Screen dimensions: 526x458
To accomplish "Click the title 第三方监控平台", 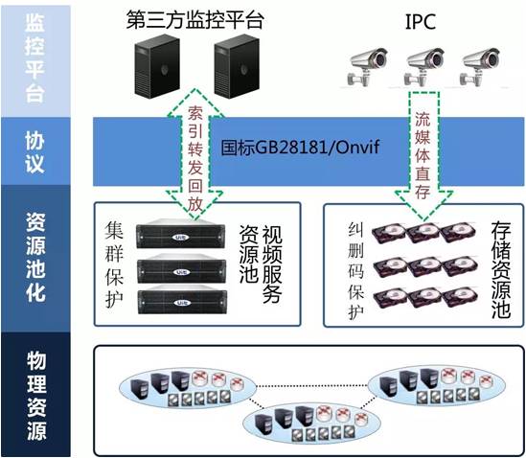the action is pyautogui.click(x=194, y=20).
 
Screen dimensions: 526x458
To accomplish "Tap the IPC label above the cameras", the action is pyautogui.click(x=421, y=21).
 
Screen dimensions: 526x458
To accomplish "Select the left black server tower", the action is pyautogui.click(x=157, y=66).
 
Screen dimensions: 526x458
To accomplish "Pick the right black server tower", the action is pyautogui.click(x=237, y=66).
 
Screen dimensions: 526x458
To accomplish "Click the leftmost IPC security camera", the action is pyautogui.click(x=367, y=67).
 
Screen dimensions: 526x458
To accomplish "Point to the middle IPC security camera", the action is pyautogui.click(x=423, y=67).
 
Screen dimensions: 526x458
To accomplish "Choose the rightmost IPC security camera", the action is pyautogui.click(x=480, y=67).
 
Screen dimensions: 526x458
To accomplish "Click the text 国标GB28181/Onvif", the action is pyautogui.click(x=300, y=147).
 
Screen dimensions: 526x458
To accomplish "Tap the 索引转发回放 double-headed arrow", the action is pyautogui.click(x=194, y=154).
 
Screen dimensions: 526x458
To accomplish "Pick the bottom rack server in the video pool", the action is pyautogui.click(x=182, y=299).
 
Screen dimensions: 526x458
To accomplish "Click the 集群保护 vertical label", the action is pyautogui.click(x=114, y=264).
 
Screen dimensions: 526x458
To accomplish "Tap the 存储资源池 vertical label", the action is pyautogui.click(x=501, y=269).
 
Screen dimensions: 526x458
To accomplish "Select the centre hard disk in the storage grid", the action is pyautogui.click(x=424, y=266).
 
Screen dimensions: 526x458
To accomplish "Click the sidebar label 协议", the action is pyautogui.click(x=34, y=151).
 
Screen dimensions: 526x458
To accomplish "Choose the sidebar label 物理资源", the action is pyautogui.click(x=36, y=396).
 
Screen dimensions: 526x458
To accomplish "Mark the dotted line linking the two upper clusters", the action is pyautogui.click(x=312, y=386).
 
